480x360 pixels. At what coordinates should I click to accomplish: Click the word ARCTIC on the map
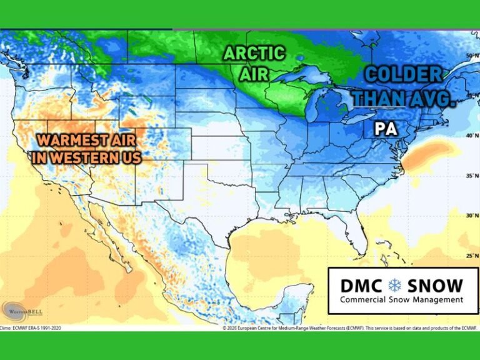tap(254, 54)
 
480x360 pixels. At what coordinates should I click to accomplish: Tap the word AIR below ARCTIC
tap(253, 74)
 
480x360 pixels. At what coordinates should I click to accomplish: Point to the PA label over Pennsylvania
tap(384, 129)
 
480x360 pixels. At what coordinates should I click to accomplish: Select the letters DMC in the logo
tap(361, 286)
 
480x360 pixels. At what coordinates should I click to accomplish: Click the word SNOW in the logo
tap(435, 286)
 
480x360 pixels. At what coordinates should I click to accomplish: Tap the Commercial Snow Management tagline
tap(402, 300)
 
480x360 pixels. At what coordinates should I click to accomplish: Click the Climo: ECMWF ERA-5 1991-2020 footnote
tap(31, 327)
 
